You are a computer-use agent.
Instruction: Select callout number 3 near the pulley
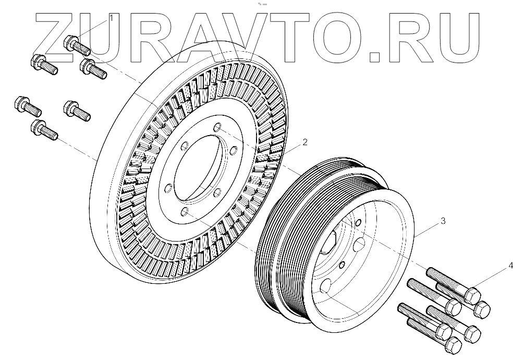click(x=443, y=221)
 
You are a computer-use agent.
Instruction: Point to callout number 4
click(x=510, y=266)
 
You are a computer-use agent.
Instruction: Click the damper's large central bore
click(x=200, y=168)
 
